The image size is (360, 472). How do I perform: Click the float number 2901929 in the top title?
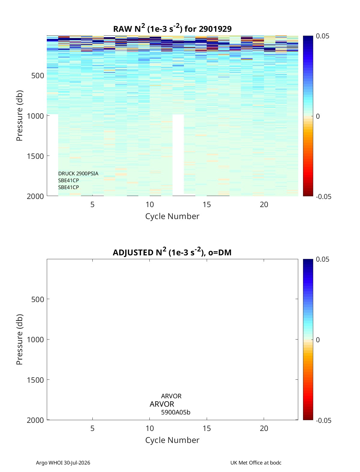[215, 29]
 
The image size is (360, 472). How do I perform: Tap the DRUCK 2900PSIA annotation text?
[78, 174]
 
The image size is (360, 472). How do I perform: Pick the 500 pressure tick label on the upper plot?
[38, 76]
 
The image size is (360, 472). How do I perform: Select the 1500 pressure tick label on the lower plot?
[35, 380]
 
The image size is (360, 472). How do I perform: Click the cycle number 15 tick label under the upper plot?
[207, 204]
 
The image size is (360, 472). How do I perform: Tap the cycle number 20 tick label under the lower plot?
[264, 428]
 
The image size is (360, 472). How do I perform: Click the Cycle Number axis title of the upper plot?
[172, 216]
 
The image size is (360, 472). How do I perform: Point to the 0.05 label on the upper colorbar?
[322, 36]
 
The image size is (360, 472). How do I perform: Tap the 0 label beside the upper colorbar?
[318, 116]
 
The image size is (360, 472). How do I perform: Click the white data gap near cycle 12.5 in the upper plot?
[178, 155]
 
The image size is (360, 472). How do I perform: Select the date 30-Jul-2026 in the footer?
[77, 463]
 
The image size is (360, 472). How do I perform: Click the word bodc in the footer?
[276, 463]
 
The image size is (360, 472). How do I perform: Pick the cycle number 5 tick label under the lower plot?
[92, 428]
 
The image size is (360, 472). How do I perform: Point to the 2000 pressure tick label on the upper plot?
[35, 196]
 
